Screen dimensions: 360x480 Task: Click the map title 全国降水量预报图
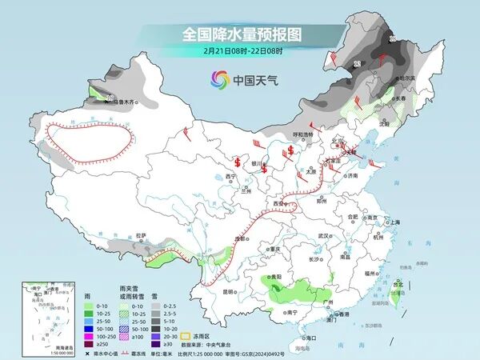[x=240, y=34]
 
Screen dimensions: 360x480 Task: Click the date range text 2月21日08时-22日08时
[x=239, y=51]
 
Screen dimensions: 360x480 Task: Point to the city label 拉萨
[x=142, y=235]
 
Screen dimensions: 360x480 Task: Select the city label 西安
[x=280, y=204]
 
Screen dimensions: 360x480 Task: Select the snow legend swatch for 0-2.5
[x=157, y=306]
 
